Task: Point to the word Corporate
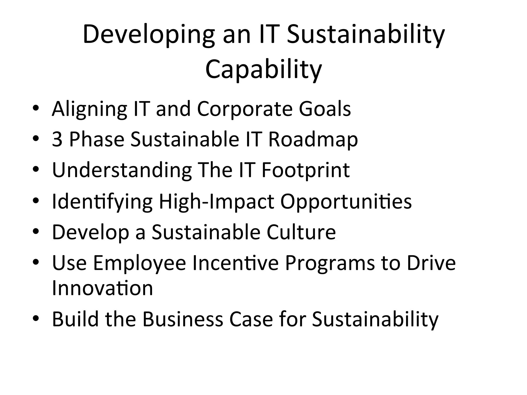pyautogui.click(x=245, y=109)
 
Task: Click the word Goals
pyautogui.click(x=325, y=109)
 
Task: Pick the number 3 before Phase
pyautogui.click(x=57, y=139)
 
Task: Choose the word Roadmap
pyautogui.click(x=313, y=139)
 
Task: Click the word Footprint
pyautogui.click(x=305, y=170)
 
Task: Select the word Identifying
pyautogui.click(x=102, y=202)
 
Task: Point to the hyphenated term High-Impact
pyautogui.click(x=216, y=202)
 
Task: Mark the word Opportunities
pyautogui.click(x=346, y=202)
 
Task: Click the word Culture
pyautogui.click(x=301, y=232)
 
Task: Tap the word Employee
pyautogui.click(x=139, y=263)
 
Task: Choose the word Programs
pyautogui.click(x=330, y=263)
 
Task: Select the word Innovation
pyautogui.click(x=102, y=288)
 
